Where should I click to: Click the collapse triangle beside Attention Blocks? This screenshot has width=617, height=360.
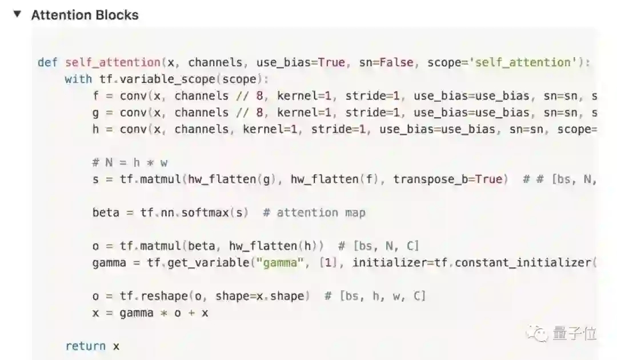click(x=17, y=14)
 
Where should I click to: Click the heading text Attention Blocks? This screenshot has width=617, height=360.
click(x=85, y=15)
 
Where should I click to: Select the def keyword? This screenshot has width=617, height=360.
click(x=47, y=62)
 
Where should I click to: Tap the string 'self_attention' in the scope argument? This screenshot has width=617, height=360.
click(x=524, y=62)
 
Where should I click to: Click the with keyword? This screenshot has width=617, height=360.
click(x=78, y=79)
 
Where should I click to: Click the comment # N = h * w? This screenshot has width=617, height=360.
click(x=130, y=163)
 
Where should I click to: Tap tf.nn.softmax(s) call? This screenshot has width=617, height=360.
click(x=194, y=213)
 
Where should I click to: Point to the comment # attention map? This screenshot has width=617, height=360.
click(x=314, y=213)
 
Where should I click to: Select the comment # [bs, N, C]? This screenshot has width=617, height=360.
click(x=379, y=246)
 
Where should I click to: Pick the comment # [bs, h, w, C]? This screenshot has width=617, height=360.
click(x=375, y=296)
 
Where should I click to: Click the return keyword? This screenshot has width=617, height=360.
click(x=85, y=346)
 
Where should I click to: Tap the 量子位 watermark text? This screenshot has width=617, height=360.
click(x=574, y=333)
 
